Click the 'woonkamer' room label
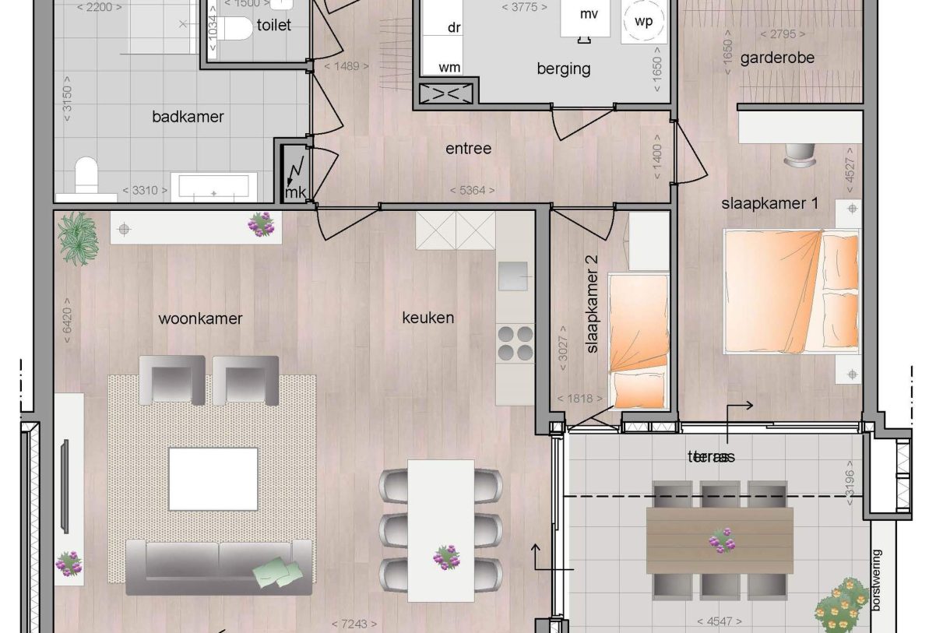click(x=200, y=318)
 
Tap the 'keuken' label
click(x=427, y=318)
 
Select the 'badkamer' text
click(x=188, y=117)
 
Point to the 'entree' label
click(x=468, y=148)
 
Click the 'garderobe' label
click(x=776, y=58)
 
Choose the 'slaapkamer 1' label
click(x=769, y=203)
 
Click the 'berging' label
click(x=563, y=69)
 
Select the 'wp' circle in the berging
click(x=643, y=22)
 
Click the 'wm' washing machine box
click(x=449, y=67)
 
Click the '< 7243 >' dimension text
click(x=354, y=624)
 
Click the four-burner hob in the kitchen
click(x=515, y=343)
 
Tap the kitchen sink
click(x=513, y=275)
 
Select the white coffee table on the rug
click(x=213, y=478)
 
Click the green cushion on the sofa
click(x=277, y=573)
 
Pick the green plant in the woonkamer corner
click(x=78, y=237)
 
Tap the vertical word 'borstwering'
click(x=878, y=580)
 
